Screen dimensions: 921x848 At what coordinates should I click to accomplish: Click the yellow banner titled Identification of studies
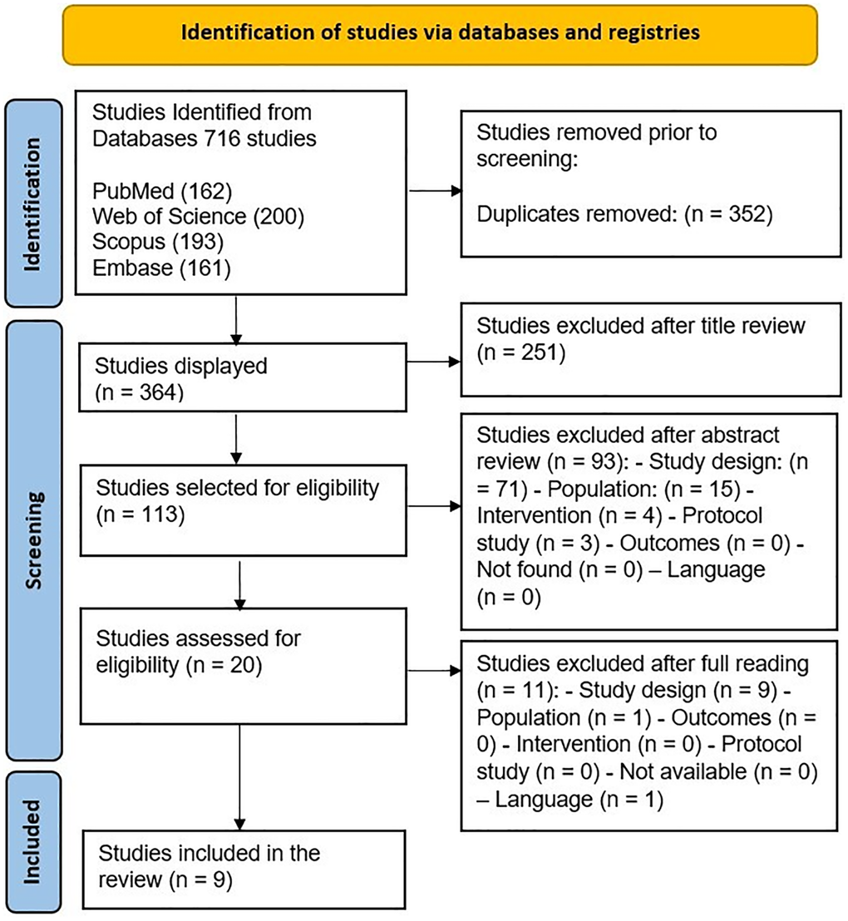(441, 33)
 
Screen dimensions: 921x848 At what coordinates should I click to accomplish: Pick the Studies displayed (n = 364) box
(242, 377)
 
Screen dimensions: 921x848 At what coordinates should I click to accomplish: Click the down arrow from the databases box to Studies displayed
(238, 319)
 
